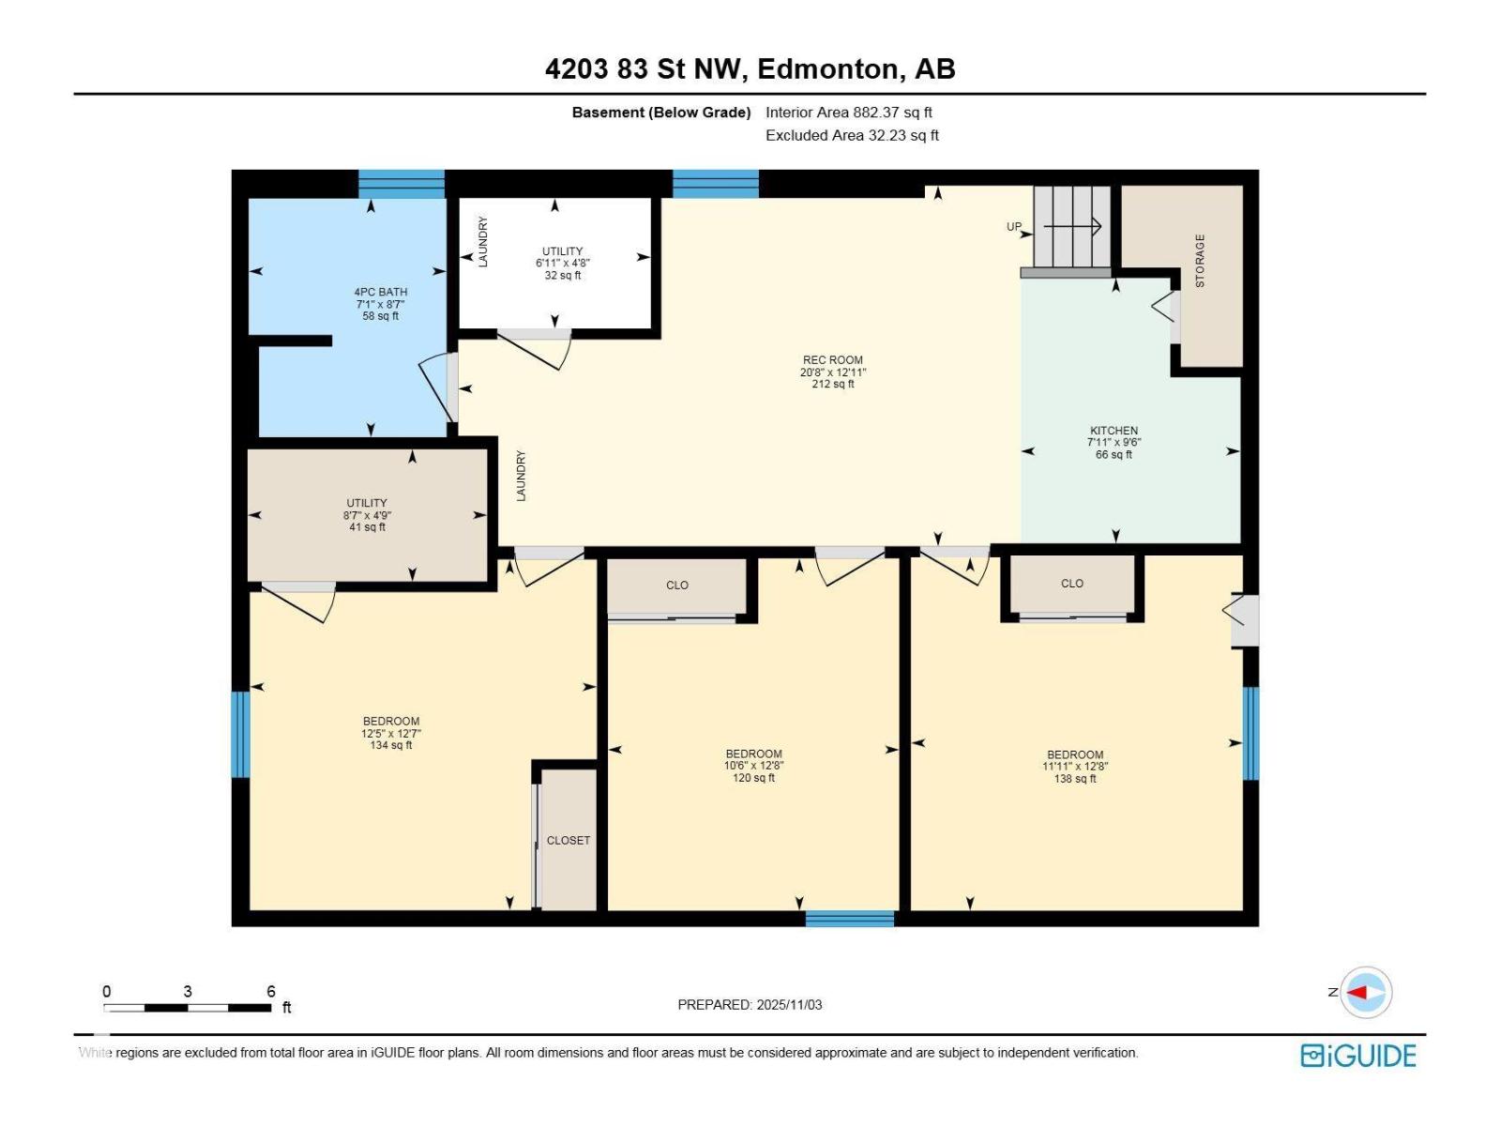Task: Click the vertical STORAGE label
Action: point(1199,261)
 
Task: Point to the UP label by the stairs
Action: point(1014,227)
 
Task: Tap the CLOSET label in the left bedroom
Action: point(569,841)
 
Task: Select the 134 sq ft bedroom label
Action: point(390,734)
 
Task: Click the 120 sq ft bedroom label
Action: point(753,766)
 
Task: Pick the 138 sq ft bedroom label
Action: point(1075,767)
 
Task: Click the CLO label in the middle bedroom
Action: point(677,586)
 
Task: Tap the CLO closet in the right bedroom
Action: point(1072,584)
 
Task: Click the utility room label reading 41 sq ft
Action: point(367,515)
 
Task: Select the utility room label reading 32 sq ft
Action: point(562,264)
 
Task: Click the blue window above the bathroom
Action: point(402,184)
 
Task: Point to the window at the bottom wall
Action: point(850,919)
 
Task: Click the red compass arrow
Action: point(1357,992)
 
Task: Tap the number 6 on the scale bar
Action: point(271,992)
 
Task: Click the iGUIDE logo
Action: point(1357,1056)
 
